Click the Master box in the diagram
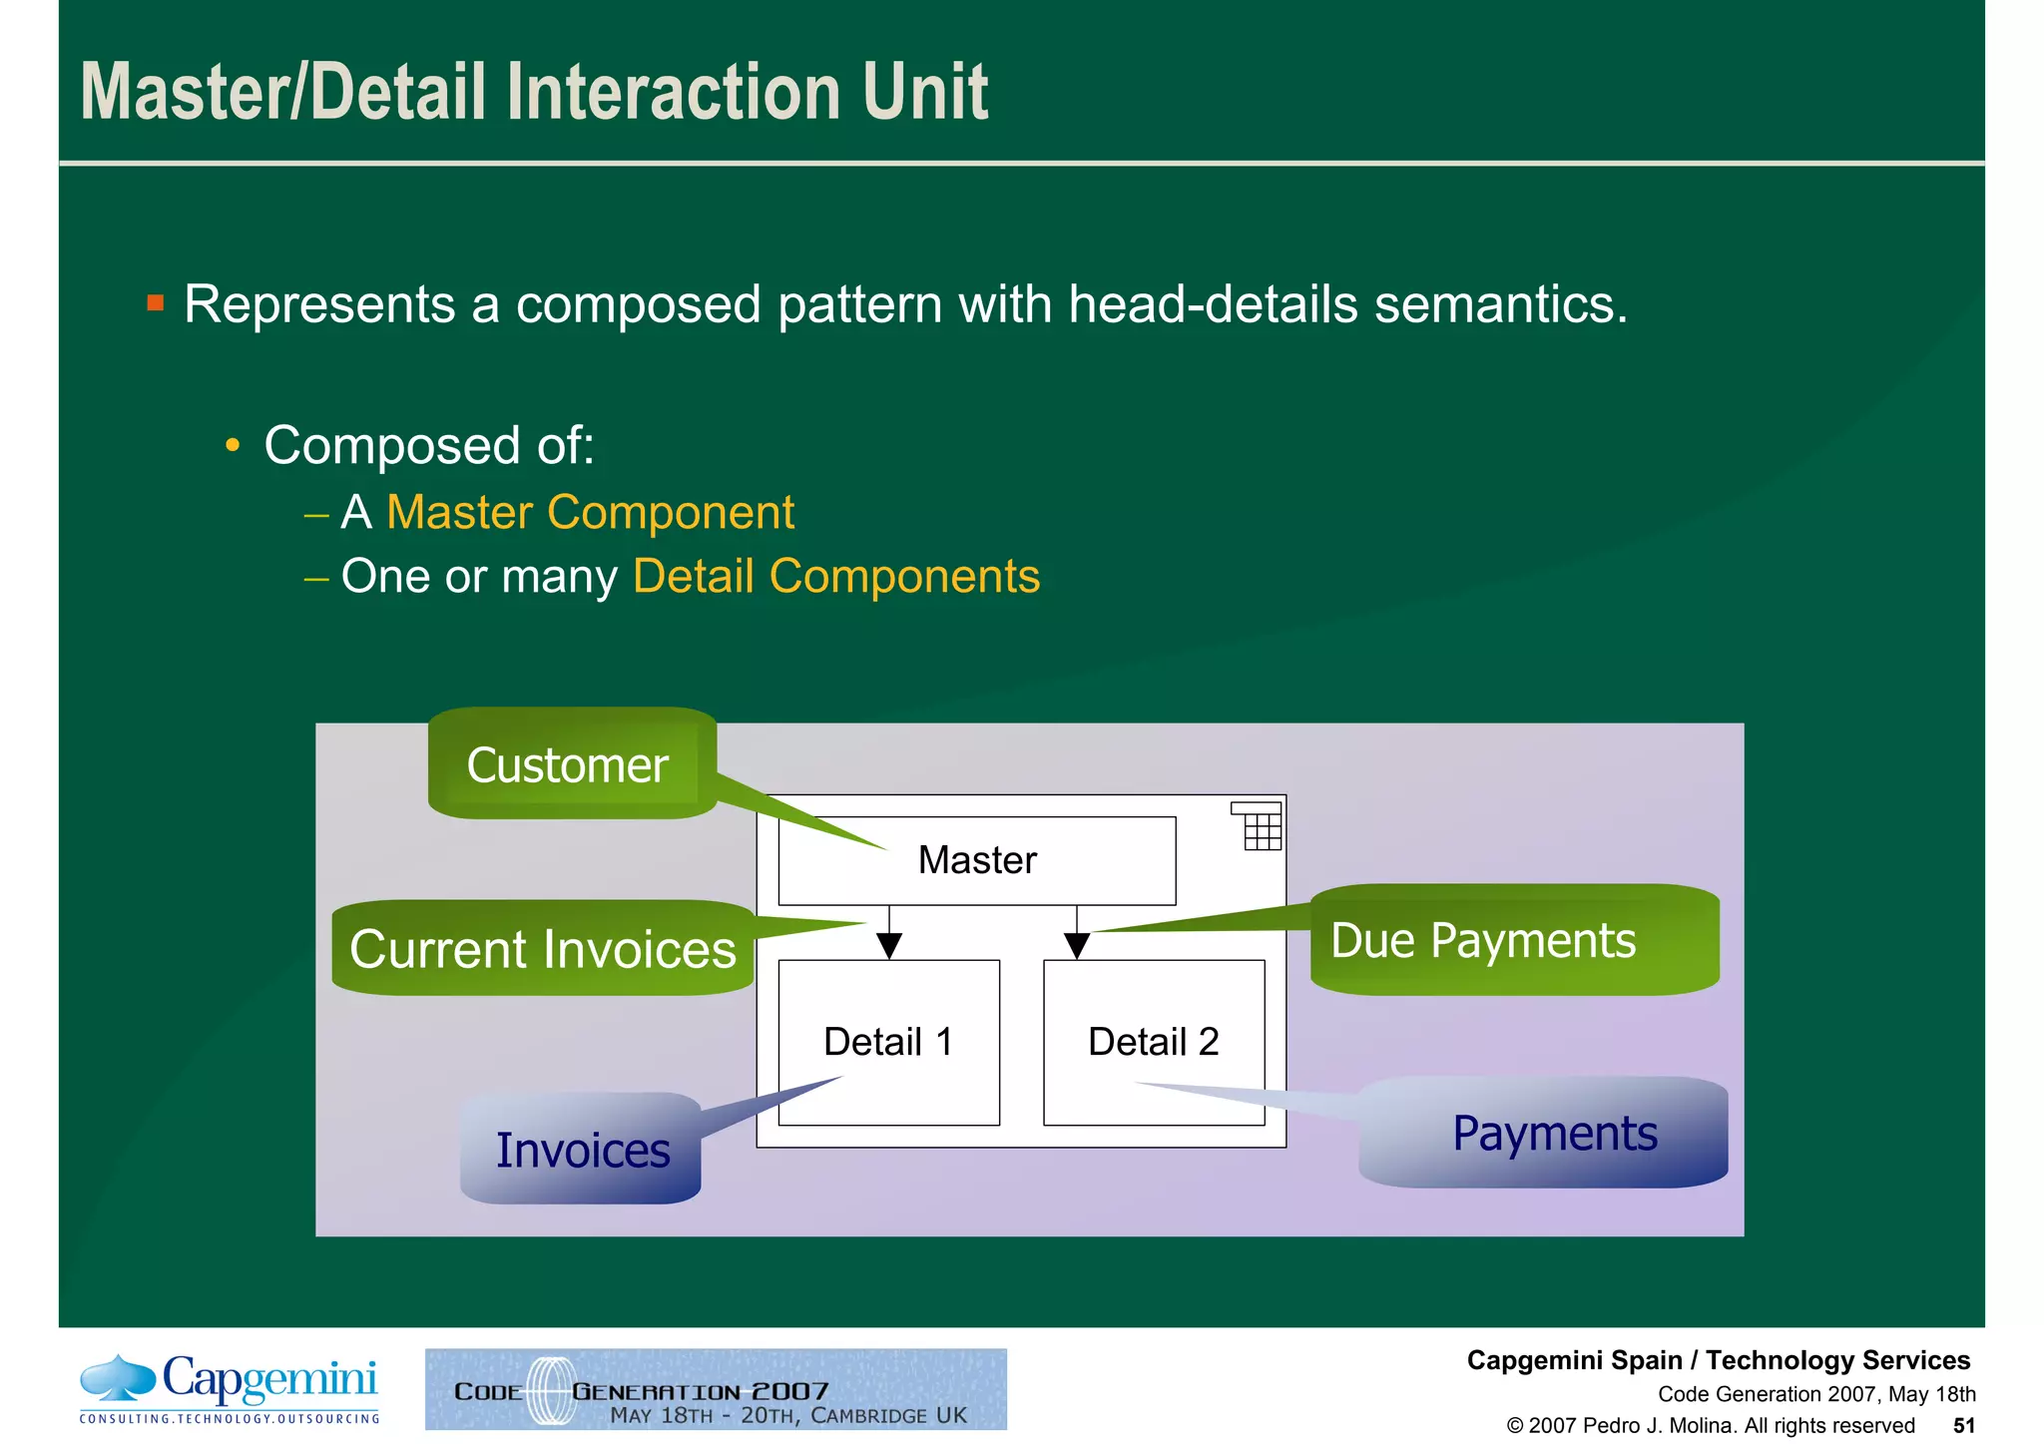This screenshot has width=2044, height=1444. click(976, 860)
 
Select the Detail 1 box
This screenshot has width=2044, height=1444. click(888, 1042)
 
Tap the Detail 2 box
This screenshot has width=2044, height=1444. click(1154, 1042)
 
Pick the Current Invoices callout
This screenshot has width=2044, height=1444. click(542, 948)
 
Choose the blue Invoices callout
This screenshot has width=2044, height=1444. click(582, 1150)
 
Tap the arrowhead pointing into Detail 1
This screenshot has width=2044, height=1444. click(889, 944)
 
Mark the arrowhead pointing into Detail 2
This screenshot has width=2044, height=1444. click(1077, 944)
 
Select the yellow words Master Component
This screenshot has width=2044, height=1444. click(590, 513)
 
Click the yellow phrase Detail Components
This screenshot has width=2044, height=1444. click(836, 577)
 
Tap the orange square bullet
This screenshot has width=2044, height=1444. click(155, 302)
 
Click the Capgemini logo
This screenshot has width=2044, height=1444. click(230, 1388)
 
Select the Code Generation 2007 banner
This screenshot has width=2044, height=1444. click(716, 1389)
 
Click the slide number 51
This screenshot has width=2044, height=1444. click(1963, 1425)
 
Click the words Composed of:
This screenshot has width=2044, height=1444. click(429, 445)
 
